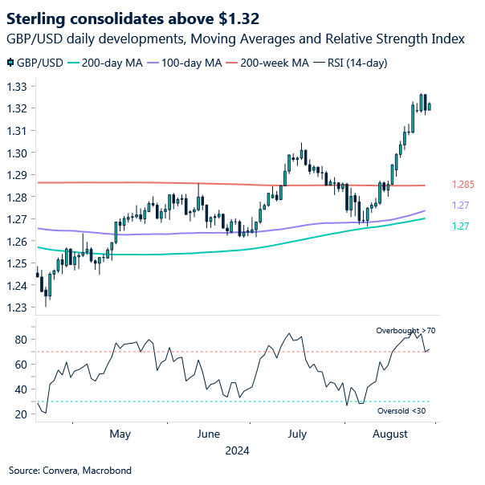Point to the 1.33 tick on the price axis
pyautogui.click(x=18, y=87)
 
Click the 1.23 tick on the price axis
pyautogui.click(x=18, y=308)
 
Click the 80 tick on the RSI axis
pyautogui.click(x=21, y=340)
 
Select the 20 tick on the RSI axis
pyautogui.click(x=21, y=414)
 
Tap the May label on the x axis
pyautogui.click(x=120, y=434)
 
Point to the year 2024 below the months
pyautogui.click(x=238, y=450)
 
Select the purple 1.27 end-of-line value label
pyautogui.click(x=461, y=206)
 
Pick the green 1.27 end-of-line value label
pyautogui.click(x=461, y=227)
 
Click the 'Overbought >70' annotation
pyautogui.click(x=406, y=330)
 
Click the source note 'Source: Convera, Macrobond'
pyautogui.click(x=70, y=471)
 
